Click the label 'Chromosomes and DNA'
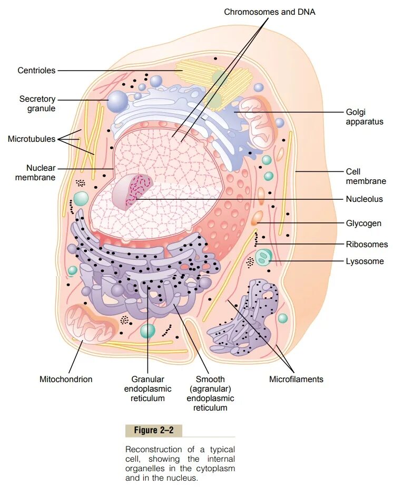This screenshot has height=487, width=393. point(270,12)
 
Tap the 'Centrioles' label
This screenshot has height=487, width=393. point(36,70)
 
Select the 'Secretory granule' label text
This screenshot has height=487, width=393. point(37,103)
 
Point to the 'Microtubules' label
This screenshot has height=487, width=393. point(32,139)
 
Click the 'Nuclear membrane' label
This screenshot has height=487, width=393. point(35,172)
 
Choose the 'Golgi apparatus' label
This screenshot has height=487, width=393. point(365,116)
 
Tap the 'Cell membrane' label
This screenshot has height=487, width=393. point(366,176)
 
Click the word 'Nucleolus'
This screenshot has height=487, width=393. point(364,199)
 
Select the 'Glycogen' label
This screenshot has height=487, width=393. point(363,223)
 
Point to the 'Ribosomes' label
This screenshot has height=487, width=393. point(365,245)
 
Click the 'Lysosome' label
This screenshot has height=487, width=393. point(365,261)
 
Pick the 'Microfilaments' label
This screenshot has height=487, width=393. point(296,379)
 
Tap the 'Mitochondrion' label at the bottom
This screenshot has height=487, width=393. point(66,379)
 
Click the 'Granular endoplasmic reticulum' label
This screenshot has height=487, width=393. point(148,388)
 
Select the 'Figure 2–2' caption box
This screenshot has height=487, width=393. point(153,431)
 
